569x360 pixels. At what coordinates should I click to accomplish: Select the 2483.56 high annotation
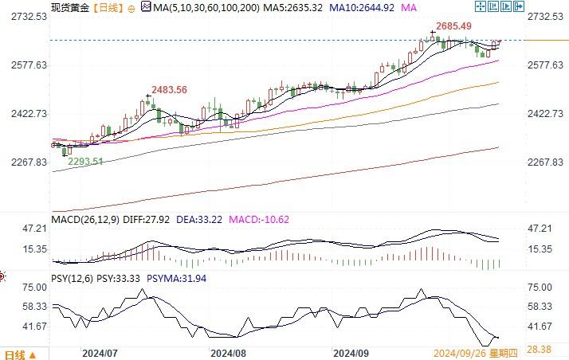[x=170, y=90]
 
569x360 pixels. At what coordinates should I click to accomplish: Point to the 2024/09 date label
[x=351, y=351]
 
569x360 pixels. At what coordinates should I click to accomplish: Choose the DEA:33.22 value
[x=198, y=219]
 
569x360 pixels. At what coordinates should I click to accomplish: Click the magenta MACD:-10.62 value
[x=259, y=219]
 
